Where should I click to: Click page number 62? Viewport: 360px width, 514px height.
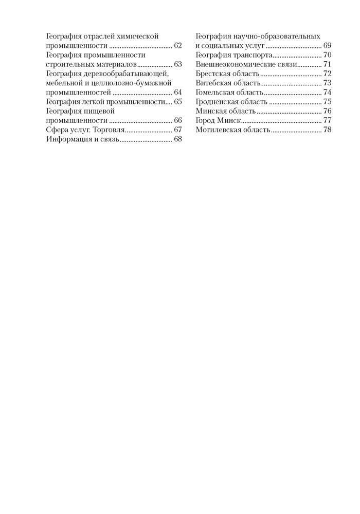[x=178, y=46]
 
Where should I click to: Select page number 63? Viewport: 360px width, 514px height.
[x=178, y=65]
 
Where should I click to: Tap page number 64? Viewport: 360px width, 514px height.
[x=178, y=93]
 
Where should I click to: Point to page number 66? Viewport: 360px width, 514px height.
[x=178, y=120]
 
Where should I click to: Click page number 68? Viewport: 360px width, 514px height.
[x=178, y=139]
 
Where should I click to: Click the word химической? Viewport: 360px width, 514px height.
[x=134, y=37]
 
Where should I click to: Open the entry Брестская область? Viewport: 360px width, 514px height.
[x=224, y=74]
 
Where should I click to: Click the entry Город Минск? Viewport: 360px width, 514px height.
[x=218, y=120]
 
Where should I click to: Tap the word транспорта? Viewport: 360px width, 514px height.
[x=254, y=56]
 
